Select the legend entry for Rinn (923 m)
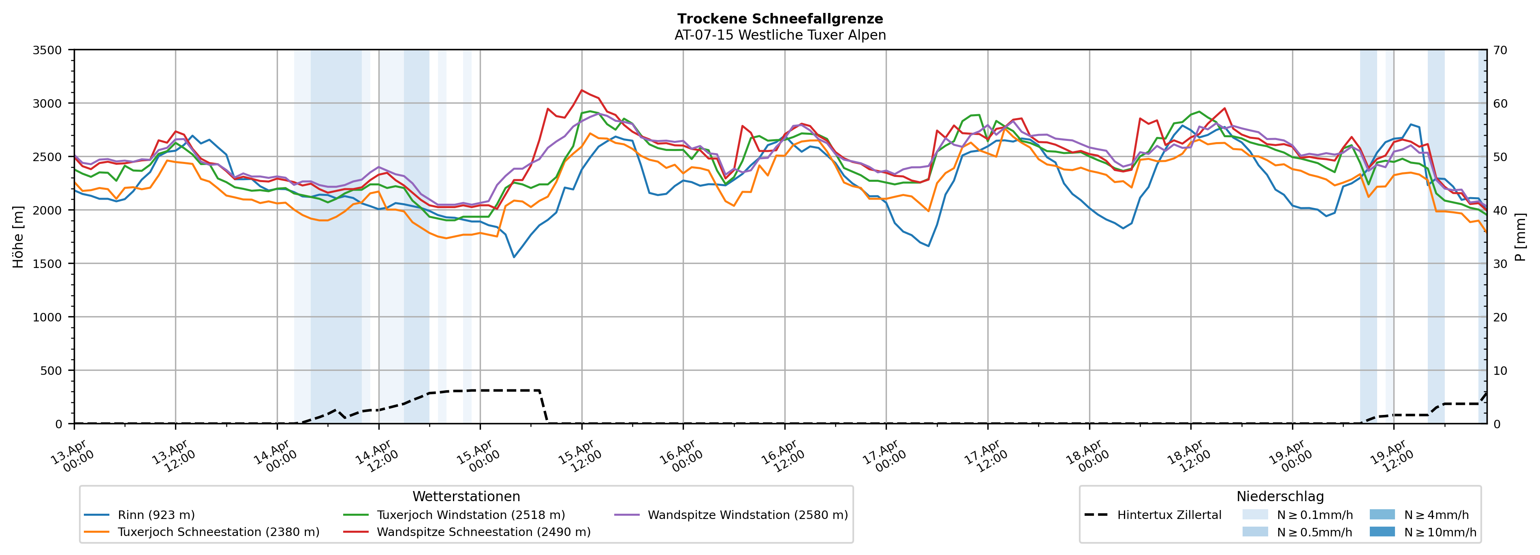tap(156, 515)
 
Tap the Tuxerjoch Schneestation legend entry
tap(218, 532)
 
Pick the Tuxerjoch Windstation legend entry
tap(470, 515)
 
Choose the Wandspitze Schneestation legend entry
tap(483, 532)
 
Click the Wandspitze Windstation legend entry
tap(747, 515)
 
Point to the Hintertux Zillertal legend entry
tap(1169, 515)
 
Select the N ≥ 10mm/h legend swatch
tap(1382, 532)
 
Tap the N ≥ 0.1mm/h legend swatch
tap(1254, 515)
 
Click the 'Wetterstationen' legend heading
tap(466, 496)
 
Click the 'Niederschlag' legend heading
tap(1280, 496)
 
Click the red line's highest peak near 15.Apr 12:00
tap(582, 90)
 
